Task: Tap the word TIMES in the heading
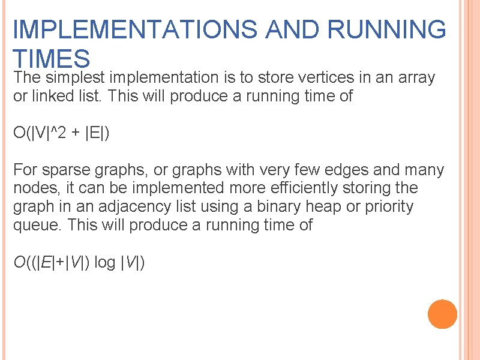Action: [x=52, y=58]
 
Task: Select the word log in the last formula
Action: [x=104, y=262]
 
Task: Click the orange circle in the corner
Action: [x=443, y=314]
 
